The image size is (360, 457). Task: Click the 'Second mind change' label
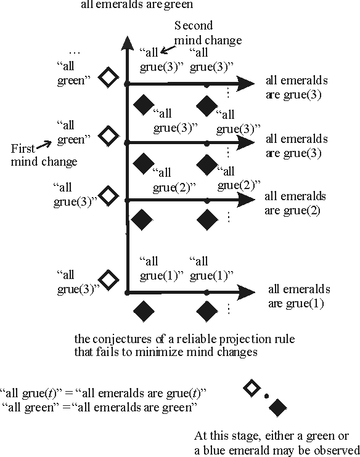pyautogui.click(x=199, y=33)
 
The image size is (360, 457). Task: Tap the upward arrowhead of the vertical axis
pyautogui.click(x=126, y=43)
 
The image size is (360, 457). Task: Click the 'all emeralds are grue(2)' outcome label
pyautogui.click(x=295, y=203)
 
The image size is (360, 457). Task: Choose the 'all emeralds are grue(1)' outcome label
pyautogui.click(x=299, y=296)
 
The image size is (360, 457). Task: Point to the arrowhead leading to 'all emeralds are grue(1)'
pyautogui.click(x=246, y=293)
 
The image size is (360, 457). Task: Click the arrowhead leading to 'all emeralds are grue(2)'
pyautogui.click(x=246, y=200)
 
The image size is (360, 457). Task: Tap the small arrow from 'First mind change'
pyautogui.click(x=44, y=145)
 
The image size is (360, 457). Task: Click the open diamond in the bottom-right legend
pyautogui.click(x=251, y=388)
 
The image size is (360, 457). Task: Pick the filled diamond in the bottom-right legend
pyautogui.click(x=279, y=406)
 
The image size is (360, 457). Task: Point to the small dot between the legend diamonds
pyautogui.click(x=266, y=397)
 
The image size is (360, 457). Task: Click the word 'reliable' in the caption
pyautogui.click(x=174, y=339)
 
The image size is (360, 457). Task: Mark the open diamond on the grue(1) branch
pyautogui.click(x=108, y=280)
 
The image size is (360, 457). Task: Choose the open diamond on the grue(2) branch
pyautogui.click(x=108, y=196)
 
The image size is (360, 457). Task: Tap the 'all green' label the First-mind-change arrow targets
pyautogui.click(x=70, y=134)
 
